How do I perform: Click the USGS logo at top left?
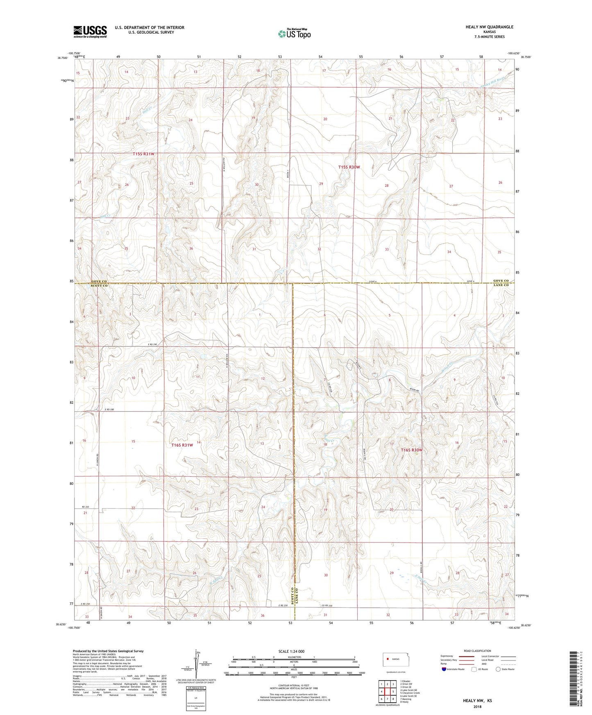(90, 32)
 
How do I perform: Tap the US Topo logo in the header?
(294, 33)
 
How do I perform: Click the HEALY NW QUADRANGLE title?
(489, 27)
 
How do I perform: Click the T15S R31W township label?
(144, 154)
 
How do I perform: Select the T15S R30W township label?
(349, 167)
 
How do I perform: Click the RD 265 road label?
(85, 507)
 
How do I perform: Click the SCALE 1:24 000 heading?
(291, 651)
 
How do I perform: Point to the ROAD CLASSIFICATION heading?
(477, 650)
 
